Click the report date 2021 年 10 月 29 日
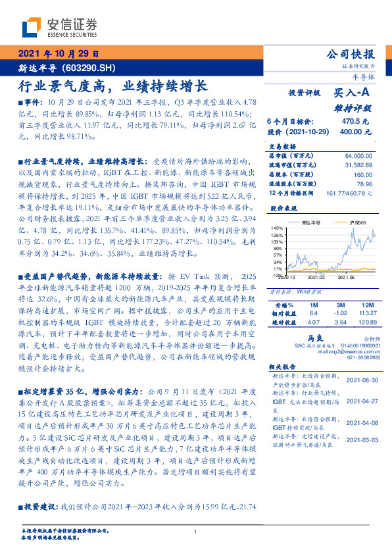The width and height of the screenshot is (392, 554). pos(59,54)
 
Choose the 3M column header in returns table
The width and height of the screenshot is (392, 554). pos(341,305)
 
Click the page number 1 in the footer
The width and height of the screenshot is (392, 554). pos(196,532)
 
